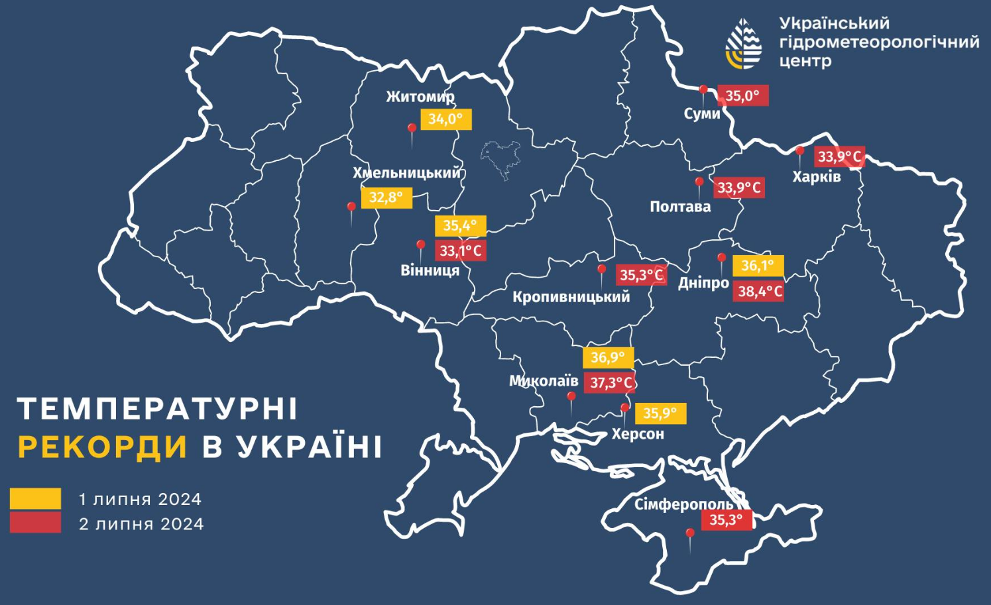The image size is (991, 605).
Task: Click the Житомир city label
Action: pos(420,97)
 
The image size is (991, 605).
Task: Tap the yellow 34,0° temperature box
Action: pos(445,119)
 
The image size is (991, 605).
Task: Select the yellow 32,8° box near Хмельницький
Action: pos(386,197)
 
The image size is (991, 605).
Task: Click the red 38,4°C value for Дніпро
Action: pos(758,291)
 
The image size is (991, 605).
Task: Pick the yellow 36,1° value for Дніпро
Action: pos(758,266)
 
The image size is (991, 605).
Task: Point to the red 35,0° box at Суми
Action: pos(742,95)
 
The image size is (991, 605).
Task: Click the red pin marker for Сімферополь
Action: pos(690,534)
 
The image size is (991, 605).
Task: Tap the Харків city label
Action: pos(816,177)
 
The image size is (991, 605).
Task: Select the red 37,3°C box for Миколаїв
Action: pos(609,382)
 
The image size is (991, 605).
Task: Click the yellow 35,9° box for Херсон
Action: pos(660,413)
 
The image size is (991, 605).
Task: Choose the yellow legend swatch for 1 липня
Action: pos(35,498)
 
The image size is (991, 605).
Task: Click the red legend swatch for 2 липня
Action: pos(35,523)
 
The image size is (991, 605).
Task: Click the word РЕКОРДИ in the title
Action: pos(103,447)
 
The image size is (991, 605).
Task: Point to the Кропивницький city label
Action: pos(571,297)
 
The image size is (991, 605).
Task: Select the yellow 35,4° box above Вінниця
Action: pos(460,225)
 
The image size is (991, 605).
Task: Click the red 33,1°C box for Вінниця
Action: pos(461,250)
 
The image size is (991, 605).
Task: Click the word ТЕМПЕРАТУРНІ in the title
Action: pos(158,409)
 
